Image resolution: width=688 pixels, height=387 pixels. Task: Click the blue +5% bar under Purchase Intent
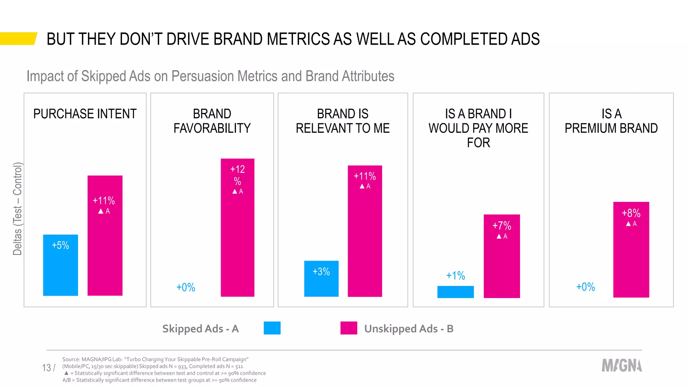tap(60, 265)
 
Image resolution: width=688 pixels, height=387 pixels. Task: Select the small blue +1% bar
tap(455, 292)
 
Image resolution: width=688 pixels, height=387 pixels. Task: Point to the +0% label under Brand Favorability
tap(186, 288)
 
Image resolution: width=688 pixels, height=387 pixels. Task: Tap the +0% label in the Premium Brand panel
tap(586, 287)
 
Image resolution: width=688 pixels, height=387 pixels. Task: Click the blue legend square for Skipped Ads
tap(272, 328)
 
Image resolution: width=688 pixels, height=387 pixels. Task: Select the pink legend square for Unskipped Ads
tap(349, 328)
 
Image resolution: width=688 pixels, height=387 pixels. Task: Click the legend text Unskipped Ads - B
tap(409, 329)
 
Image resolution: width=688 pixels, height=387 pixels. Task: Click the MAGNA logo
tap(621, 365)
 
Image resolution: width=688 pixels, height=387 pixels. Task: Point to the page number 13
tap(46, 368)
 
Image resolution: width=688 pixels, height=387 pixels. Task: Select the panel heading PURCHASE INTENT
tap(85, 114)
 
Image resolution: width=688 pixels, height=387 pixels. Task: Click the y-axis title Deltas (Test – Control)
tap(17, 209)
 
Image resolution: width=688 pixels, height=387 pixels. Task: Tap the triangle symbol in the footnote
tap(67, 373)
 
